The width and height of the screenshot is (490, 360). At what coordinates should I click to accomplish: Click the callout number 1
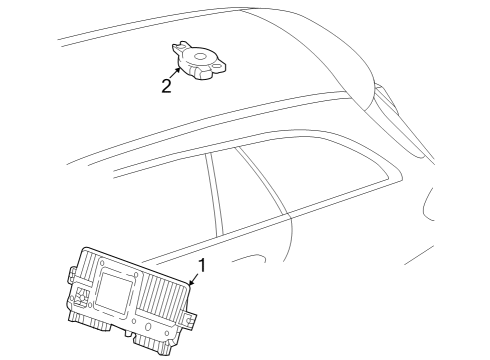pos(202,265)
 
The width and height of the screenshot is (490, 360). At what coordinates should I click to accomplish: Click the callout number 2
pos(166,85)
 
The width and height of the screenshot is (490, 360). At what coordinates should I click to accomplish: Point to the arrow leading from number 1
pos(194,279)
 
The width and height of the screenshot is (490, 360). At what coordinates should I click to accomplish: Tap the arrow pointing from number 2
pos(175,73)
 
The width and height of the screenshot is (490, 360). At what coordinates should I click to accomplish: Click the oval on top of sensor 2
pos(200,56)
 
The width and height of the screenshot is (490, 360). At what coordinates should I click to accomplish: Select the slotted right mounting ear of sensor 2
pos(218,66)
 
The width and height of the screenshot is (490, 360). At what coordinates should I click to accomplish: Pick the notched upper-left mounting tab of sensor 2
pos(180,47)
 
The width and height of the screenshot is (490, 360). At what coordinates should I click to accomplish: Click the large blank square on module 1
pos(114,292)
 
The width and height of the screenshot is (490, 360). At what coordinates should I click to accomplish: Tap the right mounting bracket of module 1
pos(189,319)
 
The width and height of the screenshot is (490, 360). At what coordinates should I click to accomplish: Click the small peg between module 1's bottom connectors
pos(129,333)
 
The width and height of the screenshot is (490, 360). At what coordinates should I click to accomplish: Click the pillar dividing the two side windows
pos(214,194)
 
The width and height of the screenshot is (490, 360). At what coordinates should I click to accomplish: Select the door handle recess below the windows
pos(250,258)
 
